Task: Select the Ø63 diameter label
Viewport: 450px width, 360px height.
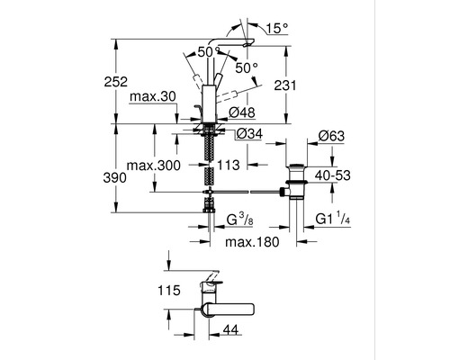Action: pos(333,136)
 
